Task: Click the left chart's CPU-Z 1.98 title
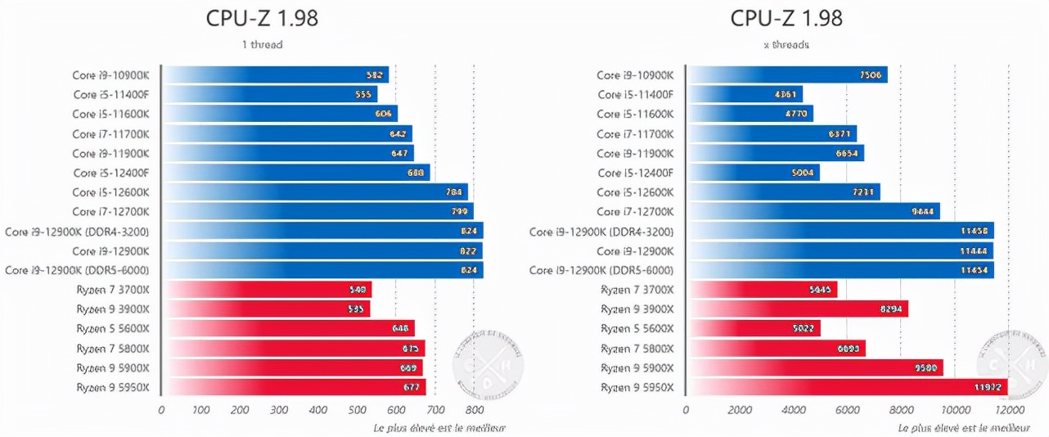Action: pos(262,18)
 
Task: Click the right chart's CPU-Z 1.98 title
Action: pos(786,18)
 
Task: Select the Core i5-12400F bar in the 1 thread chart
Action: pos(295,173)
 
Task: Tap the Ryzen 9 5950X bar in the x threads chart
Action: pos(847,387)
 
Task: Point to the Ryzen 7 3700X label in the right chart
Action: pos(637,290)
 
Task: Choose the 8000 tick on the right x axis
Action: pos(900,410)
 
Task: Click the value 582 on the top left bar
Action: pos(375,75)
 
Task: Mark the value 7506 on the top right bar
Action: pos(870,75)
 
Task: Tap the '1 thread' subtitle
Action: pos(262,44)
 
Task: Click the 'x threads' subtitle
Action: pos(786,44)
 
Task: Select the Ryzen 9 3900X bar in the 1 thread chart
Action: pos(266,309)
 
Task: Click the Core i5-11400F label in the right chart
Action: pos(635,95)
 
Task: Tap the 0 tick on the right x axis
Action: pos(686,410)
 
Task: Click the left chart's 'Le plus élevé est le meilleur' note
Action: pos(439,428)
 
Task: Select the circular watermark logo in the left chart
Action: pos(488,359)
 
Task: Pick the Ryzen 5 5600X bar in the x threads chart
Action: pos(753,329)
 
